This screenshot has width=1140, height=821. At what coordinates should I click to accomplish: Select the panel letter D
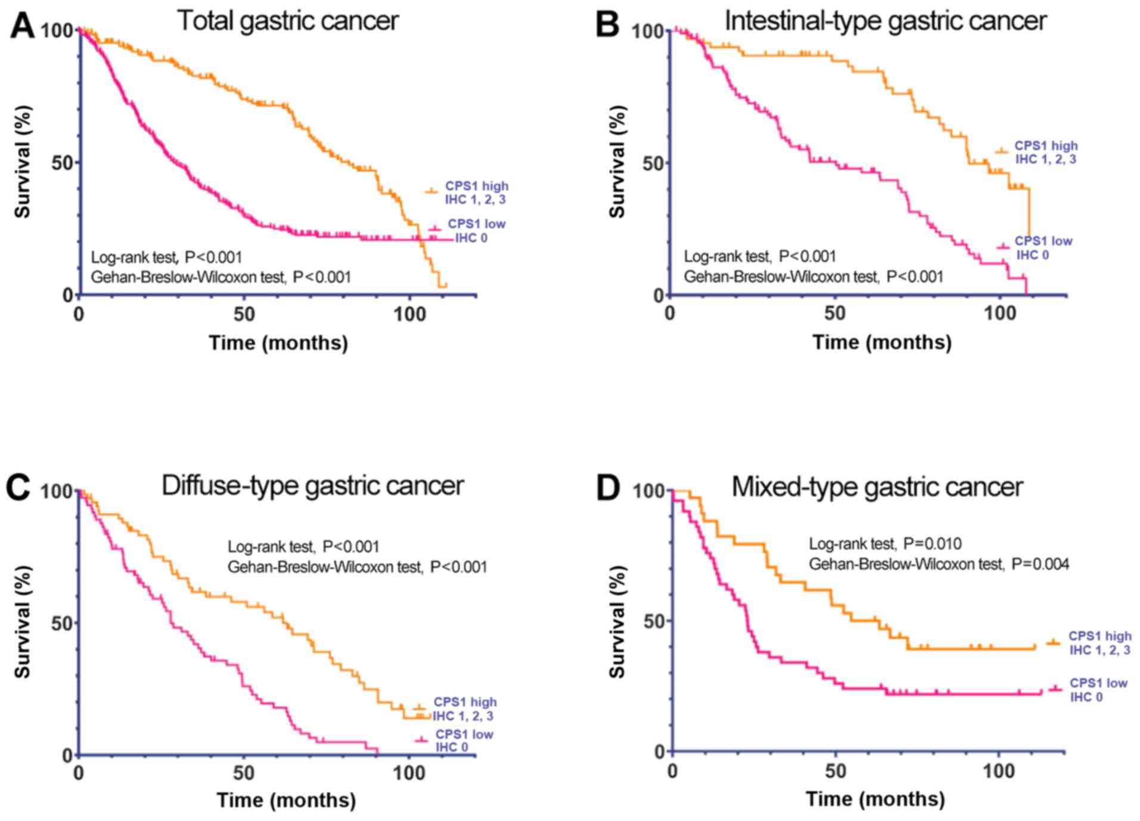coord(608,488)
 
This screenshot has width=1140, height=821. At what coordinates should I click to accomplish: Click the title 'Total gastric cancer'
coord(288,21)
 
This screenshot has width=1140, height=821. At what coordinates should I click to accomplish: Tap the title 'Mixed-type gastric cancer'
coord(877,487)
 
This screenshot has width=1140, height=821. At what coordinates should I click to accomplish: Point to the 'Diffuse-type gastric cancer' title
coord(312,486)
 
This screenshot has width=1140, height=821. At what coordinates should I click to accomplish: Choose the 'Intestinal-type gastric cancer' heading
coord(885,21)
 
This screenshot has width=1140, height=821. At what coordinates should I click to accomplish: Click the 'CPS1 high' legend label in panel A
coord(477,186)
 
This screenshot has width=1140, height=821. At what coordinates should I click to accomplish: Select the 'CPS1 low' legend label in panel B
coord(1043,241)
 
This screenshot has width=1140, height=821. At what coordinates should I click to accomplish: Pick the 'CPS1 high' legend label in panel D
coord(1099,636)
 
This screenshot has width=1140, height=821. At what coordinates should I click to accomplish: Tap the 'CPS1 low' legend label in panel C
coord(464,735)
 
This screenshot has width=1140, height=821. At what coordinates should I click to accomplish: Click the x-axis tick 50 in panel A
coord(244,314)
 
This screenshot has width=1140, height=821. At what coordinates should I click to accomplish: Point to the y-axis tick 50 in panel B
coord(654,163)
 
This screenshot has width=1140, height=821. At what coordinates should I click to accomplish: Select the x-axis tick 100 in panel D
coord(998,771)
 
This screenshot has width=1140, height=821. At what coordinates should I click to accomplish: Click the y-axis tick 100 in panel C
coord(56,492)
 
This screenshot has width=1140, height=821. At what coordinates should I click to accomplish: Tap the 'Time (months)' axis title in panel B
coord(882,342)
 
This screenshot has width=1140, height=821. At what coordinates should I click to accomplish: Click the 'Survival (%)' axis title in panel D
coord(617,621)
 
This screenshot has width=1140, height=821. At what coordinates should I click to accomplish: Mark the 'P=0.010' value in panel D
coord(932,544)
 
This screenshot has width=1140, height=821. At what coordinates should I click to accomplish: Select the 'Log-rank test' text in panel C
coord(270,547)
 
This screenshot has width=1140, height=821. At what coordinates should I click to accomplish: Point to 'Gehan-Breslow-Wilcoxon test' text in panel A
coord(188,277)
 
